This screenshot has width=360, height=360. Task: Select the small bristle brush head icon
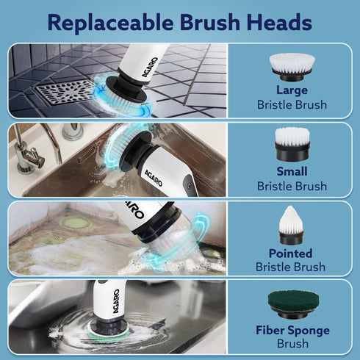(x=292, y=144)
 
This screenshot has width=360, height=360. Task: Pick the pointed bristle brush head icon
(x=292, y=224)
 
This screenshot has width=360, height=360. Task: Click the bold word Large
(x=292, y=90)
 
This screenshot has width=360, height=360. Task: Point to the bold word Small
(x=292, y=170)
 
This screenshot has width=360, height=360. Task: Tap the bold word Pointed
(x=292, y=251)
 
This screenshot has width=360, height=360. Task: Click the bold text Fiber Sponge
(x=292, y=329)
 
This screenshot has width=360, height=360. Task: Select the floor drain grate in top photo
(x=64, y=92)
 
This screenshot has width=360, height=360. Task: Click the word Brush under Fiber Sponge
(x=292, y=344)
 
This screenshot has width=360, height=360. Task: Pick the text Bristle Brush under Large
(x=292, y=105)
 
